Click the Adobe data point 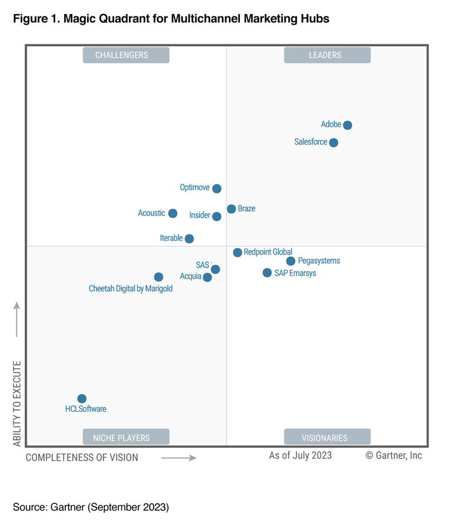click(x=347, y=125)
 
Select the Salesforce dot click(x=334, y=143)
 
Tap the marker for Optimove click(x=216, y=188)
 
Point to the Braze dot click(x=231, y=209)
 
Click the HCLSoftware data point click(x=82, y=398)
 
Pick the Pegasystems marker click(x=291, y=261)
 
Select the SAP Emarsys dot click(x=267, y=273)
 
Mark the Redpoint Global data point click(x=237, y=253)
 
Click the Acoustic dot click(x=173, y=213)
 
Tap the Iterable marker click(x=189, y=239)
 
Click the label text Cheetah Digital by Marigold click(x=131, y=289)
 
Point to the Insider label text click(x=199, y=216)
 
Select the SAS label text click(x=202, y=265)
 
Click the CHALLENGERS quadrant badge click(x=126, y=55)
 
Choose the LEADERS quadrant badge click(x=327, y=55)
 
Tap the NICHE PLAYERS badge click(x=126, y=437)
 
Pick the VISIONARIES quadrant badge click(x=327, y=437)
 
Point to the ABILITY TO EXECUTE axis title click(x=17, y=404)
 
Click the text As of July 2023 click(x=300, y=455)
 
